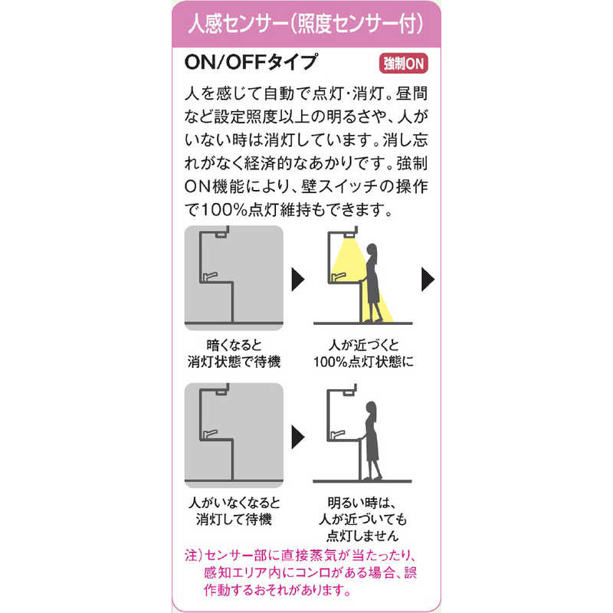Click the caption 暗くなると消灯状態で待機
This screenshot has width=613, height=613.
tap(233, 352)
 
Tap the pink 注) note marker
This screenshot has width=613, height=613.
tap(192, 554)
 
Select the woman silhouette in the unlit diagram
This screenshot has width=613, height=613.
tap(372, 437)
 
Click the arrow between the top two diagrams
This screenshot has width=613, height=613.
tap(298, 279)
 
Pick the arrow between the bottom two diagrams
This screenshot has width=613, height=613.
tap(298, 438)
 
